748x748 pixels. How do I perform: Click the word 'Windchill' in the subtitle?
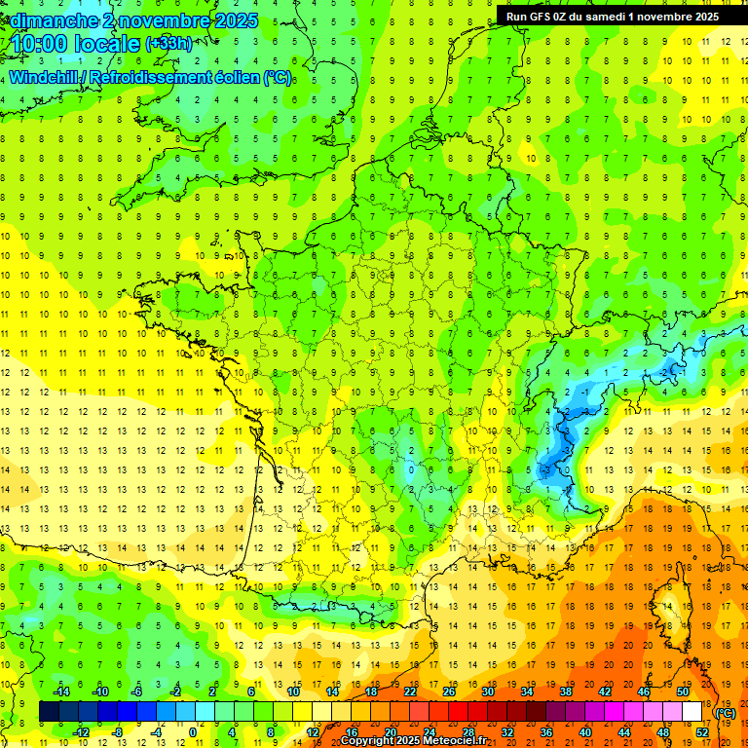click(x=48, y=77)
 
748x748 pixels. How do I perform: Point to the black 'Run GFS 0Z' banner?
click(x=609, y=16)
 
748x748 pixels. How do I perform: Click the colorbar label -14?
click(x=64, y=691)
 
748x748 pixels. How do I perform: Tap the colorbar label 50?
click(x=682, y=691)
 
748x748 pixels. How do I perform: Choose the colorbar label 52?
click(x=702, y=731)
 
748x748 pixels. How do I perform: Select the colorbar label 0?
click(x=193, y=731)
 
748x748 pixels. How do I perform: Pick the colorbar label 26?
click(x=448, y=691)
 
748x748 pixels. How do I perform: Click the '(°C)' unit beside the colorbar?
click(x=725, y=712)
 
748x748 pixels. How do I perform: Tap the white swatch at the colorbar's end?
click(x=692, y=712)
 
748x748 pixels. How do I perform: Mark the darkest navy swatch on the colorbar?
click(x=49, y=712)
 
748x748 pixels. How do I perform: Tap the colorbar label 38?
click(x=565, y=691)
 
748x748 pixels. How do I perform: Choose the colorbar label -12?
click(x=82, y=731)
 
